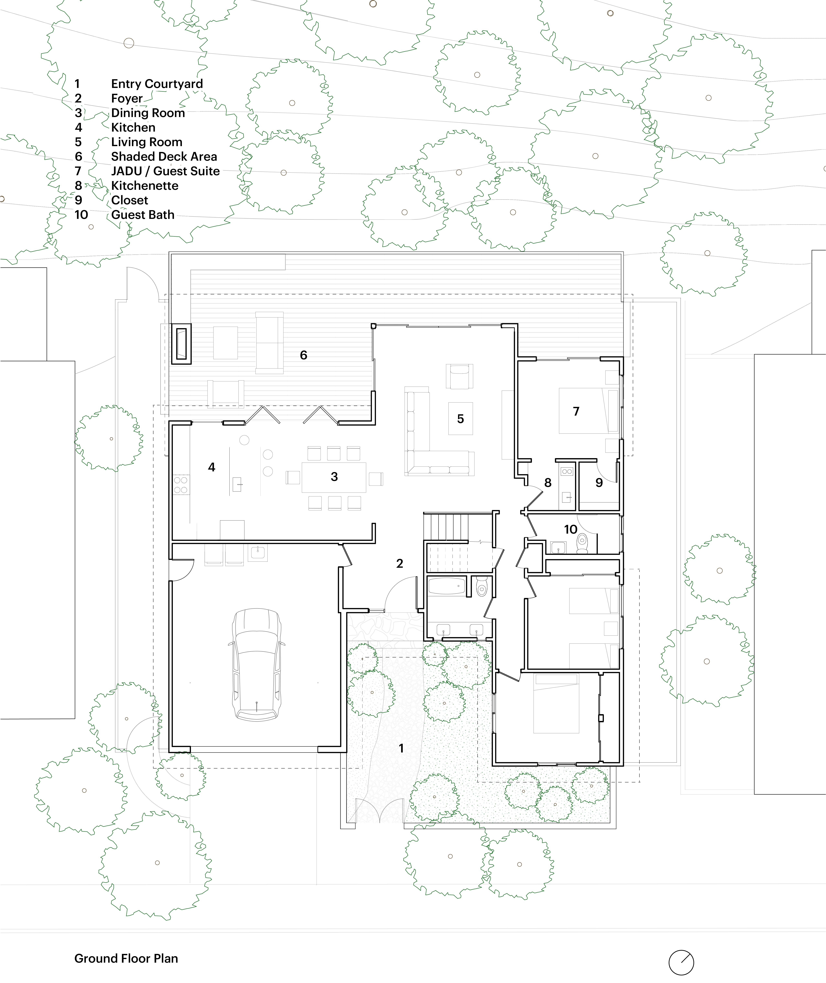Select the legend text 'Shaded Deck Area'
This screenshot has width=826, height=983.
coord(164,156)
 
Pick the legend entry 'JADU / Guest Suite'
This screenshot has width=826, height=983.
coord(165,171)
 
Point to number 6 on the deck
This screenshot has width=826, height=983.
coord(303,355)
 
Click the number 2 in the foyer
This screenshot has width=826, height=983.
coord(400,563)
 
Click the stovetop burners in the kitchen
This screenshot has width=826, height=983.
coord(181,485)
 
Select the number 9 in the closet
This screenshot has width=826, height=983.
coord(599,483)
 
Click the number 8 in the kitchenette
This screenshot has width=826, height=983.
coord(548,483)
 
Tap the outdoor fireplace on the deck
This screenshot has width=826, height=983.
coord(181,343)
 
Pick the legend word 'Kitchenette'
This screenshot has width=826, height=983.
coord(145,185)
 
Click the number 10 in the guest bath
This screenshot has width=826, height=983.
coord(570,529)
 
